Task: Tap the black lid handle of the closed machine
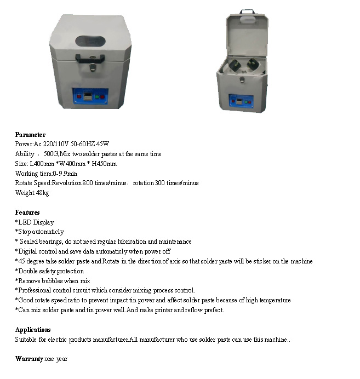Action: pyautogui.click(x=92, y=58)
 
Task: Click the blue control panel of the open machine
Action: pyautogui.click(x=241, y=102)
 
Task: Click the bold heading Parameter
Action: pyautogui.click(x=30, y=135)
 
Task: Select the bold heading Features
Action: pyautogui.click(x=27, y=213)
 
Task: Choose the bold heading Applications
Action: pyautogui.click(x=33, y=330)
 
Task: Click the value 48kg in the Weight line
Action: pyautogui.click(x=42, y=193)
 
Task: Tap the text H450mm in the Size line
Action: pyautogui.click(x=104, y=164)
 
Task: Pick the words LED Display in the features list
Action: pyautogui.click(x=36, y=222)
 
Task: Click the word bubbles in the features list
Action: pyautogui.click(x=48, y=281)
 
